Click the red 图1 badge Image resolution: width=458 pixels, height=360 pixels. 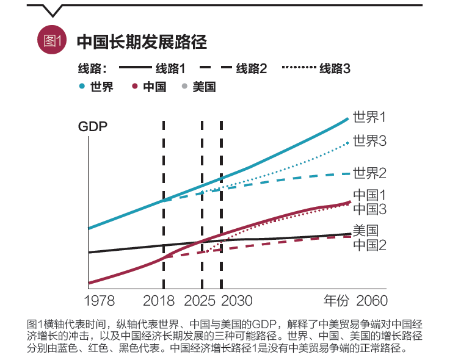pos(51,41)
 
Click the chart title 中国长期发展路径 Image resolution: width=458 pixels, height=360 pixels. pos(142,41)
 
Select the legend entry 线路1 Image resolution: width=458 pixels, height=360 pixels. pos(170,68)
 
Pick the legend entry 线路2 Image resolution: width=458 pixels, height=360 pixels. pos(252,68)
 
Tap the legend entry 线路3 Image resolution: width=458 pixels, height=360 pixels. pos(335,68)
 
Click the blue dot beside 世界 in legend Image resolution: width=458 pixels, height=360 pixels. pos(82,87)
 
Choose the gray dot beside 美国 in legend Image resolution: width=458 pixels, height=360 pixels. pos(184,87)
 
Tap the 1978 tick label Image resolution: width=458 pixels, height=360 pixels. pos(100,301)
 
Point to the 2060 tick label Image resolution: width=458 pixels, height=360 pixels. pos(371,301)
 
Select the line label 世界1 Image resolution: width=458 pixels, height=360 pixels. pos(370,117)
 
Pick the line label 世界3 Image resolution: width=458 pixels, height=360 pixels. pos(370,142)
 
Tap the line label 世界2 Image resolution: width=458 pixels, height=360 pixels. pos(370,173)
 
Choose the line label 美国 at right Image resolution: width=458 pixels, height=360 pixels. pos(365,231)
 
